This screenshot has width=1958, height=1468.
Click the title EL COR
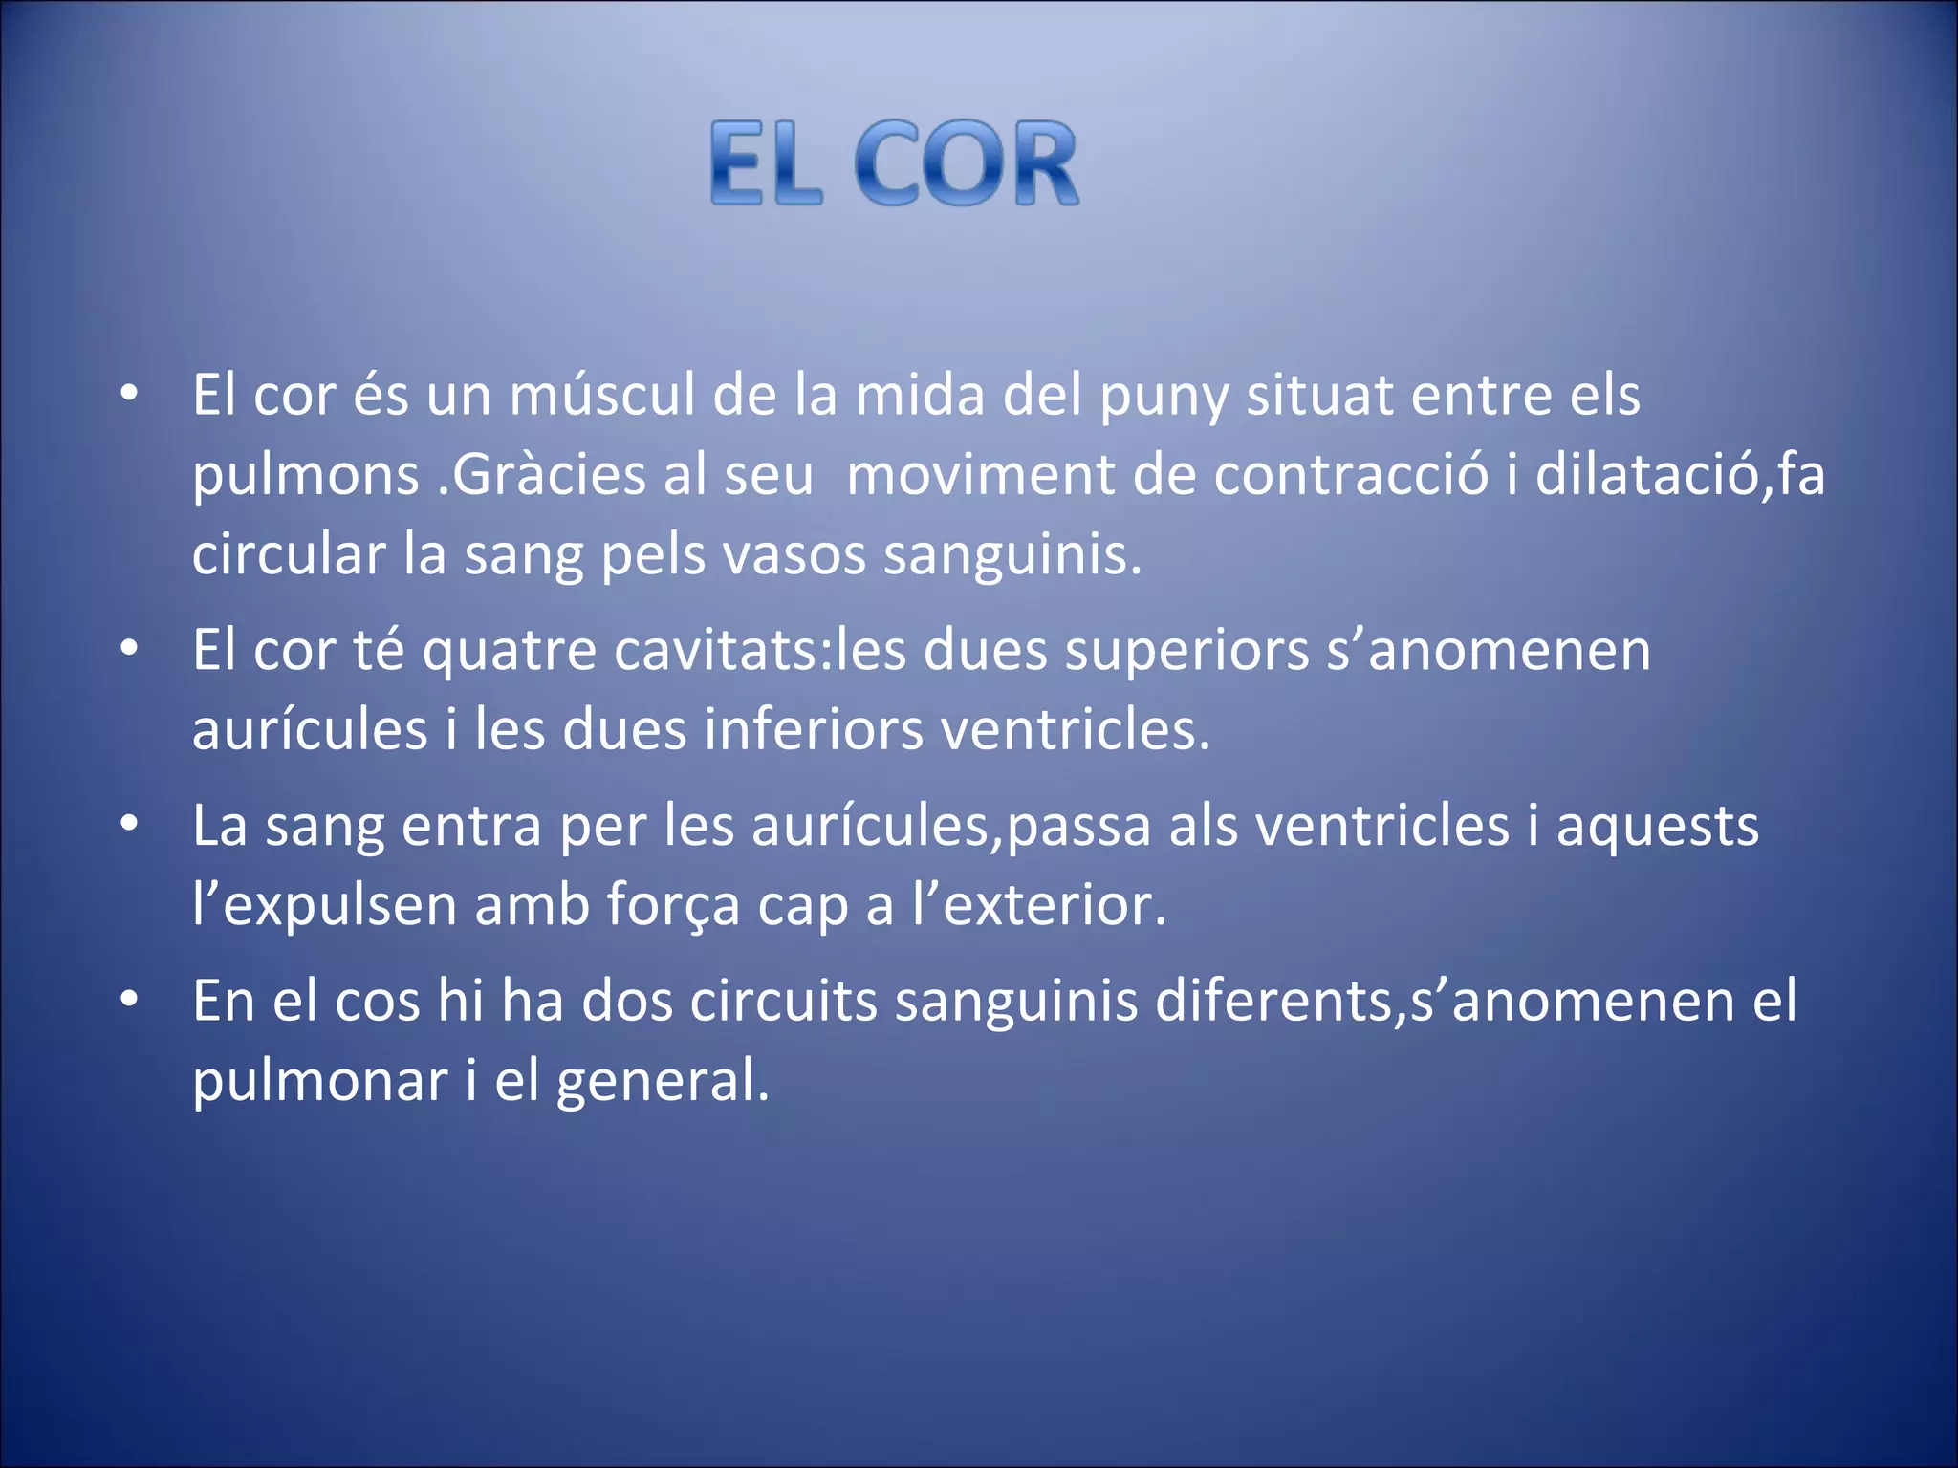[x=894, y=163]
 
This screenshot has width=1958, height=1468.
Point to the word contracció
[x=1351, y=475]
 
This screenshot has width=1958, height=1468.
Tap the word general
[x=662, y=1082]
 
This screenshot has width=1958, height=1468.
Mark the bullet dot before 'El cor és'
[x=130, y=394]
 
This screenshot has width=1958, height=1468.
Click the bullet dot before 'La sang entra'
[x=130, y=825]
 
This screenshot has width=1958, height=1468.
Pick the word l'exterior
[x=1039, y=905]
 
